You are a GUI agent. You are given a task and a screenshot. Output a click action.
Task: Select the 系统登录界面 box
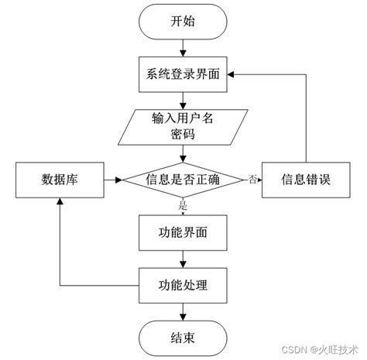pyautogui.click(x=183, y=75)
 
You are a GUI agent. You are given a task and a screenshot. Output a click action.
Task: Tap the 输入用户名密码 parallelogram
pyautogui.click(x=183, y=126)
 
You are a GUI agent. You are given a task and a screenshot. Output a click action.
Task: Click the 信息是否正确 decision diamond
pyautogui.click(x=183, y=180)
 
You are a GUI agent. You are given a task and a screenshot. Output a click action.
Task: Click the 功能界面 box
pyautogui.click(x=183, y=231)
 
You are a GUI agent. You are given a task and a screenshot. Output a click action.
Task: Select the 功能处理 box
pyautogui.click(x=183, y=283)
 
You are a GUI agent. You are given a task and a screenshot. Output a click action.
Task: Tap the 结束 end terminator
pyautogui.click(x=183, y=337)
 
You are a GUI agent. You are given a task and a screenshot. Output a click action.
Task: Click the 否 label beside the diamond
pyautogui.click(x=252, y=179)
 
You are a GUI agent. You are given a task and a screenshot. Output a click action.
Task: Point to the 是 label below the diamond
pyautogui.click(x=183, y=205)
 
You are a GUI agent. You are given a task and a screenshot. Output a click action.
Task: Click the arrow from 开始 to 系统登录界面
pyautogui.click(x=183, y=48)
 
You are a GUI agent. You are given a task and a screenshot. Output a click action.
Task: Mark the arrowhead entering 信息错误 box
pyautogui.click(x=258, y=180)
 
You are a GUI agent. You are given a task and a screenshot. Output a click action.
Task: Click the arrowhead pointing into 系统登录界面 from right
pyautogui.click(x=232, y=75)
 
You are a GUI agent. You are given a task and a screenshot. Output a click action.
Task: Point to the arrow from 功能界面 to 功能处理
pyautogui.click(x=183, y=257)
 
